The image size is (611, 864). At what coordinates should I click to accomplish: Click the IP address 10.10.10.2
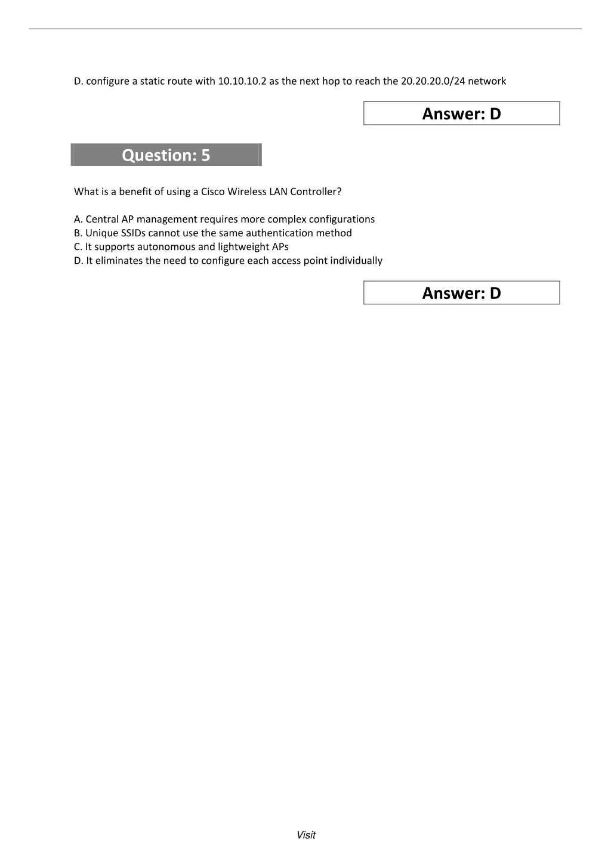pyautogui.click(x=242, y=81)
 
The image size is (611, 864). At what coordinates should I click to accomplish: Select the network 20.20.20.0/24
pyautogui.click(x=433, y=81)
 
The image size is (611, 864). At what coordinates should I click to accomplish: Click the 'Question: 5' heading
pyautogui.click(x=166, y=155)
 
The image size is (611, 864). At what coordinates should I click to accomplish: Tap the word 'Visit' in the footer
pyautogui.click(x=305, y=835)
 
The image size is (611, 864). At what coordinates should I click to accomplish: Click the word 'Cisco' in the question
pyautogui.click(x=212, y=192)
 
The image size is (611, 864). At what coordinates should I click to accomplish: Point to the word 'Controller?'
pyautogui.click(x=316, y=192)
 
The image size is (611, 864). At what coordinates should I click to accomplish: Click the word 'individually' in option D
pyautogui.click(x=356, y=261)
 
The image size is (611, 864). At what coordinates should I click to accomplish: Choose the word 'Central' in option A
pyautogui.click(x=102, y=220)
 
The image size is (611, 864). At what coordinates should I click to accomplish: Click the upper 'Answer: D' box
pyautogui.click(x=461, y=113)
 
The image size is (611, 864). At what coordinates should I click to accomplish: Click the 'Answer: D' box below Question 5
pyautogui.click(x=461, y=293)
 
